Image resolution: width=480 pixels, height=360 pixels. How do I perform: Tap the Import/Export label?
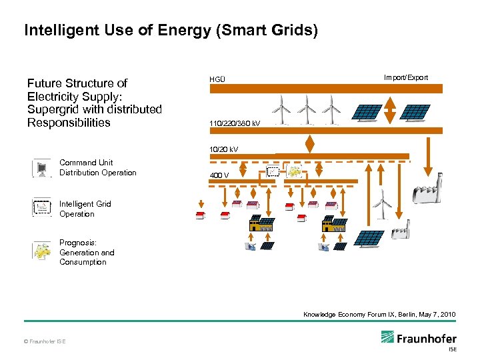tap(405, 77)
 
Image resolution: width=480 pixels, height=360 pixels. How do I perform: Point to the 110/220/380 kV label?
tap(234, 124)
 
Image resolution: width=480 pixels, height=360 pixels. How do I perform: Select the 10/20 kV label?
tap(224, 149)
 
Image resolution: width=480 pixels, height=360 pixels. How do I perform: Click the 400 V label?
tap(219, 175)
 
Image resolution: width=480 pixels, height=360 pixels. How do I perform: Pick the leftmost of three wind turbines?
tap(283, 108)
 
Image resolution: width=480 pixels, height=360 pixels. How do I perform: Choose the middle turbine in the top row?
tap(307, 108)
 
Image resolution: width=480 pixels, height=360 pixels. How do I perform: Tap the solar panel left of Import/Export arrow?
tap(369, 112)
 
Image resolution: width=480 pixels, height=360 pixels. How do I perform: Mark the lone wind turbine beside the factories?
tap(381, 202)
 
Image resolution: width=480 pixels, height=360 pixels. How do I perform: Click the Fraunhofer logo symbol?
tap(389, 338)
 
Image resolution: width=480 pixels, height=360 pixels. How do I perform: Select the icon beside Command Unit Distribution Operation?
tap(41, 168)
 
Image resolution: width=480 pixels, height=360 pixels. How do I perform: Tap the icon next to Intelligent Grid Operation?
tap(41, 208)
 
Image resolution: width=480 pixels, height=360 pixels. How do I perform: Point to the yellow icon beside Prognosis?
tap(41, 251)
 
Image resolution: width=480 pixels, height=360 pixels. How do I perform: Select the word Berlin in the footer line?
tap(399, 314)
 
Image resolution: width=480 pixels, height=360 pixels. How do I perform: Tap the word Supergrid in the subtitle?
tap(53, 109)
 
